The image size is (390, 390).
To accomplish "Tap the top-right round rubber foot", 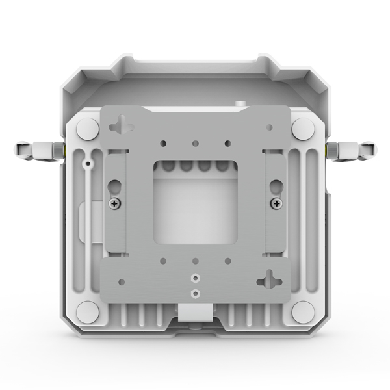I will [302, 128].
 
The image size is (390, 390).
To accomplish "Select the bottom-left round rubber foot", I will [88, 311].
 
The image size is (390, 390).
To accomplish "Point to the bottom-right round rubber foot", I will [302, 311].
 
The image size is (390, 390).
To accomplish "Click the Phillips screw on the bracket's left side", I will [115, 203].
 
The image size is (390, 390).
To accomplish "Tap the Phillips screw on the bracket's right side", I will [277, 203].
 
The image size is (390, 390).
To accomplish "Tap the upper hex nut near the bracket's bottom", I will [195, 277].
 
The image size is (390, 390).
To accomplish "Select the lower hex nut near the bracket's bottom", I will [195, 293].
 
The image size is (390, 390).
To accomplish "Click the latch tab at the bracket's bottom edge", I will [195, 312].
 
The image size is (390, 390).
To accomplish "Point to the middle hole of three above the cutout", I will [195, 142].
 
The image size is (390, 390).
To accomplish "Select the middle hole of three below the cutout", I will [195, 261].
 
